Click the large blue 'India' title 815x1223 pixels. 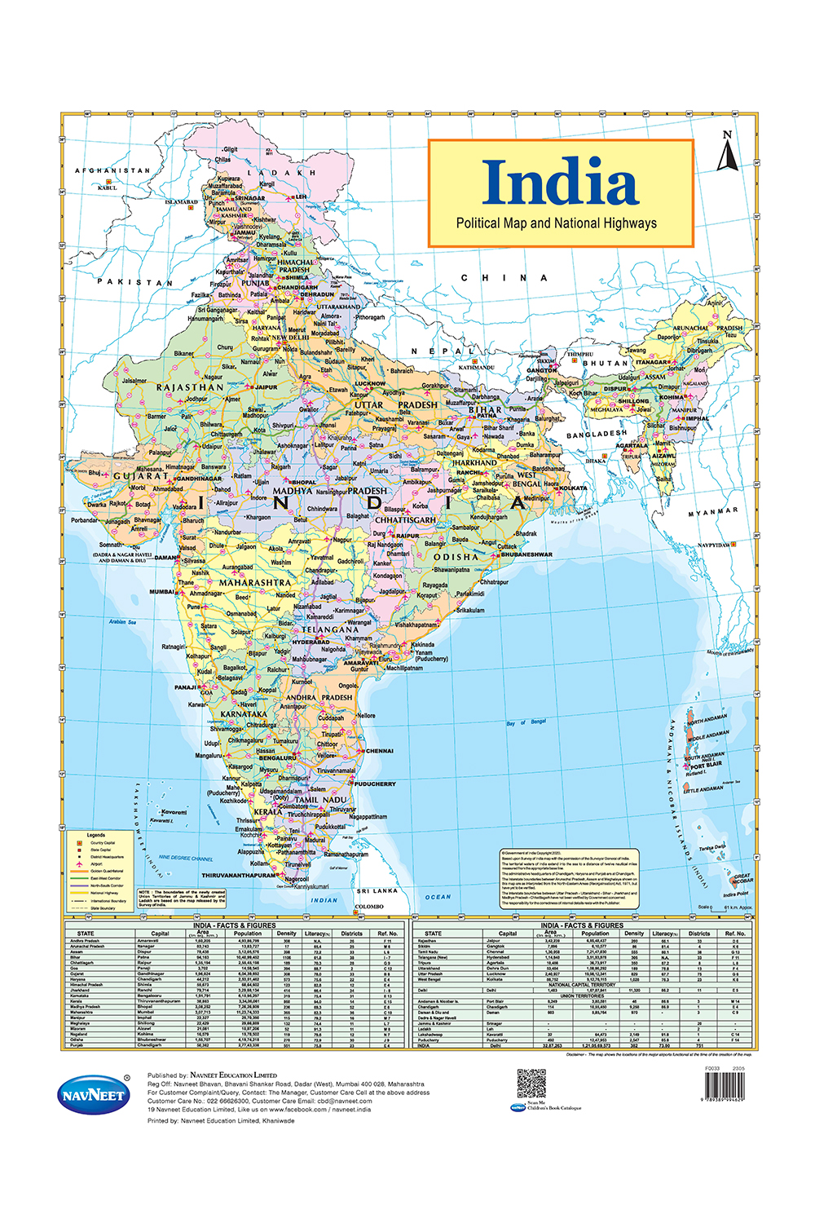point(560,182)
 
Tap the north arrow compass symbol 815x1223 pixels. point(727,152)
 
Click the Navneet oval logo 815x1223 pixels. point(94,1094)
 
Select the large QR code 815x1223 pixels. point(531,1083)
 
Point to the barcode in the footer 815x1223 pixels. point(724,1088)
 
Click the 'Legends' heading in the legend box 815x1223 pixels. point(96,835)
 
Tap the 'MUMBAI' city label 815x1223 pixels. point(161,592)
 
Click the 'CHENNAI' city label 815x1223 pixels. point(379,751)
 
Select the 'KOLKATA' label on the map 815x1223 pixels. point(573,488)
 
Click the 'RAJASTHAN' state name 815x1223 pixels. point(190,387)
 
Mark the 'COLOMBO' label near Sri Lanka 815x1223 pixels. point(369,906)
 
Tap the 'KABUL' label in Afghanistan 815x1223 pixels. point(108,188)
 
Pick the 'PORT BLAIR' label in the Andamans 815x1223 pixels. point(706,766)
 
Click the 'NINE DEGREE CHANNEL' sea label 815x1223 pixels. point(186,858)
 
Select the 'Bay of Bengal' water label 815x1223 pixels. point(526,722)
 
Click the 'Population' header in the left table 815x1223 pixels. point(248,934)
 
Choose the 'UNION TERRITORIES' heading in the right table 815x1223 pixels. point(582,996)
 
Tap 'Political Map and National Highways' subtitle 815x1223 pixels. point(556,223)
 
